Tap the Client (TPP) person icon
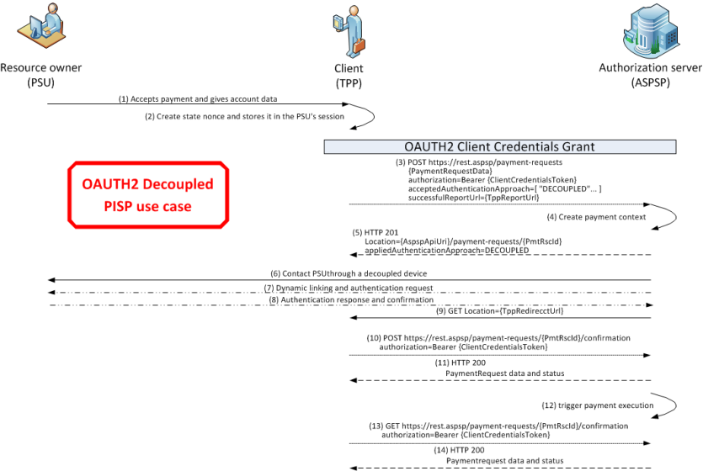click(x=349, y=31)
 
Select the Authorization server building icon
click(x=651, y=30)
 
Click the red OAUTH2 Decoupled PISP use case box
click(x=148, y=195)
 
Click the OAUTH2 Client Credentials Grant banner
click(x=500, y=147)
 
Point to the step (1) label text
click(x=198, y=99)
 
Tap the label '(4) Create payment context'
click(x=596, y=217)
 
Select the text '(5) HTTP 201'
click(x=375, y=233)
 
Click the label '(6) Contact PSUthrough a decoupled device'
click(x=349, y=273)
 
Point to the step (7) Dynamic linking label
click(x=349, y=288)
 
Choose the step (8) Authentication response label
click(x=351, y=299)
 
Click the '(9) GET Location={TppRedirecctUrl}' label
click(x=500, y=310)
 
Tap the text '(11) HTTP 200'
click(x=460, y=363)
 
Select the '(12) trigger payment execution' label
click(x=598, y=405)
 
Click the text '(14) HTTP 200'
click(x=459, y=450)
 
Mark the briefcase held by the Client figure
click(x=359, y=45)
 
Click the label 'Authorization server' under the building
click(x=651, y=67)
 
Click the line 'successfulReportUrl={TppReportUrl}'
click(x=473, y=198)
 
